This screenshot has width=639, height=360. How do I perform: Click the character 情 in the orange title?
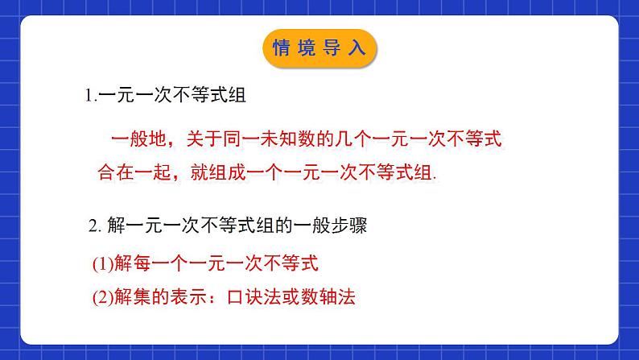(283, 48)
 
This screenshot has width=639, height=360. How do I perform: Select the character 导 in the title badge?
(332, 48)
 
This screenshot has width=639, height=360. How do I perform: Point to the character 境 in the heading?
(308, 48)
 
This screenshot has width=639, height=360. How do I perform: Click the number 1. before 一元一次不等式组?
(90, 96)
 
